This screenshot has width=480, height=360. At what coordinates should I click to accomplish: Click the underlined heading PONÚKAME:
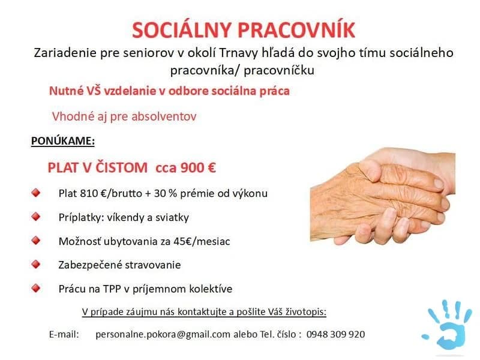[x=63, y=141]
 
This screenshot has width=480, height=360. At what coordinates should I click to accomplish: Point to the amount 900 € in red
[x=197, y=167]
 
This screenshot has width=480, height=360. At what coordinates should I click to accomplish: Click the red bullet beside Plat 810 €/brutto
[x=37, y=193]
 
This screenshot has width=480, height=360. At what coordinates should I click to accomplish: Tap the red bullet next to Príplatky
[x=37, y=217]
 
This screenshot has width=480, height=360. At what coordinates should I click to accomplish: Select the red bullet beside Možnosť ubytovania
[x=37, y=241]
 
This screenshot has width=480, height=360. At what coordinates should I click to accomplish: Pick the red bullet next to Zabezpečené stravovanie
[x=37, y=264]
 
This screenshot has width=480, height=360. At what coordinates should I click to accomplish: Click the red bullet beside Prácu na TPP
[x=37, y=288]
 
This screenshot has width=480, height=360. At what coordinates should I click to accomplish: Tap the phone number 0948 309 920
[x=335, y=334]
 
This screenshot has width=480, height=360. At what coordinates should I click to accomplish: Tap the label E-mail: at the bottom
[x=64, y=334]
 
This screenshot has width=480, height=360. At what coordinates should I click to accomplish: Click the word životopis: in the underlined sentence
[x=304, y=312]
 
